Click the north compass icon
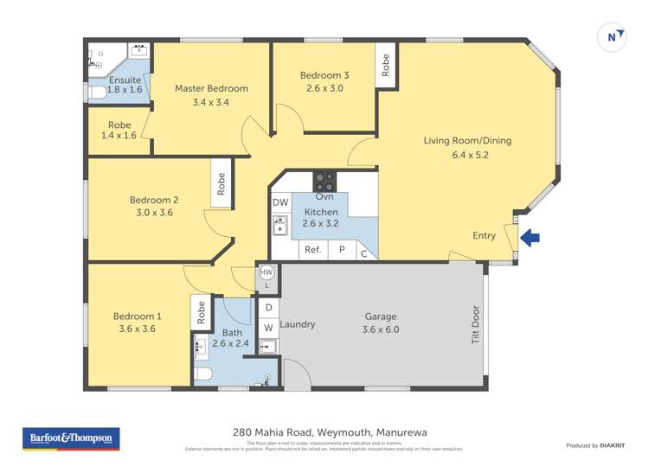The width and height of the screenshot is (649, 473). pyautogui.click(x=613, y=36)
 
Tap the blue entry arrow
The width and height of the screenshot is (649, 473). pyautogui.click(x=530, y=236)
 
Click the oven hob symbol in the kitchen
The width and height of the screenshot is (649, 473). pyautogui.click(x=324, y=182)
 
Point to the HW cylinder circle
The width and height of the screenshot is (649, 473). pyautogui.click(x=267, y=272)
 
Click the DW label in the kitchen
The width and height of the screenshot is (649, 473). pyautogui.click(x=280, y=202)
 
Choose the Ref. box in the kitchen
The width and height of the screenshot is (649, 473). pyautogui.click(x=312, y=251)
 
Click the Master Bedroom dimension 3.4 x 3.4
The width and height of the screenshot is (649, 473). pyautogui.click(x=211, y=103)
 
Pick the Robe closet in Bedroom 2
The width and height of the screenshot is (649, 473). pyautogui.click(x=222, y=183)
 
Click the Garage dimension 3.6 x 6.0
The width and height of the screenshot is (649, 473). pyautogui.click(x=381, y=329)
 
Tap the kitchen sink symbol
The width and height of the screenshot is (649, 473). pyautogui.click(x=280, y=226)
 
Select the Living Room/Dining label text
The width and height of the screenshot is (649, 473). pyautogui.click(x=458, y=140)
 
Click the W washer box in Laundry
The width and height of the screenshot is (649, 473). pyautogui.click(x=268, y=328)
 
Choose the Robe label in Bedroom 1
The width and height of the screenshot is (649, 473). pyautogui.click(x=200, y=312)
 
